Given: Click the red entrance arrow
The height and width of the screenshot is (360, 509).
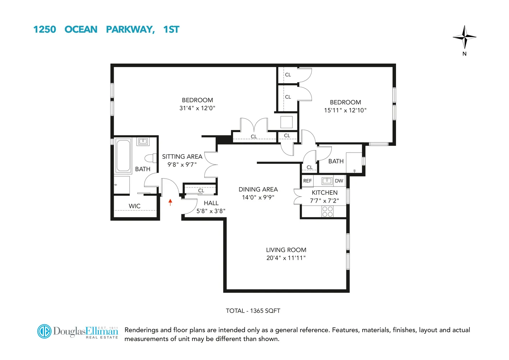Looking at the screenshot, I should [x=170, y=202].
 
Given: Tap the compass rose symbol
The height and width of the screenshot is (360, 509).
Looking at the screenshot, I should [x=464, y=37].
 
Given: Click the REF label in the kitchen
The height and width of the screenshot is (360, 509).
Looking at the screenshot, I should [x=307, y=181].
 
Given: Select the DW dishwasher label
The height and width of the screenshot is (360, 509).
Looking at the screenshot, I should [x=339, y=181].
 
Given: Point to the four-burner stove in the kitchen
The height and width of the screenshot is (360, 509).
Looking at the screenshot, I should [x=327, y=211].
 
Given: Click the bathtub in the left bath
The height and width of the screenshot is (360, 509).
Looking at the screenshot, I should [x=123, y=156].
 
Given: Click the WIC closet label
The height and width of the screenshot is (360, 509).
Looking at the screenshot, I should [x=135, y=206].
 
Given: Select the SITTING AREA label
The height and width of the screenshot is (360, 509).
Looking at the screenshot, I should [x=182, y=157].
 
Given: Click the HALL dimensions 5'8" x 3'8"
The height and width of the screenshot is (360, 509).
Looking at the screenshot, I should [x=211, y=211].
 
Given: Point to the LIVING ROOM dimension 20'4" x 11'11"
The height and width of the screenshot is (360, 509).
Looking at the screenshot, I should [x=286, y=258].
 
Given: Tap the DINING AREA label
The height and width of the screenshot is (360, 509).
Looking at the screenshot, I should [x=258, y=189].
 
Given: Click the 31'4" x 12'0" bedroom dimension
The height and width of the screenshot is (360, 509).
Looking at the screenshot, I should [x=197, y=108].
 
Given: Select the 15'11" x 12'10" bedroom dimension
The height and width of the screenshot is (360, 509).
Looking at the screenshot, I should [x=345, y=110].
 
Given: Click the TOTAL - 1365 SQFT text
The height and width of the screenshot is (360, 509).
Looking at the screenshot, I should [x=253, y=311].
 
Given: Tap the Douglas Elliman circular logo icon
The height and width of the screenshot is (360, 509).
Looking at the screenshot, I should [x=45, y=331].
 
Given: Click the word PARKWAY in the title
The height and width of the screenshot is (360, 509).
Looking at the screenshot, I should [x=130, y=30].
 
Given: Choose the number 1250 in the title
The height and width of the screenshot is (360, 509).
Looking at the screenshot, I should [x=45, y=30].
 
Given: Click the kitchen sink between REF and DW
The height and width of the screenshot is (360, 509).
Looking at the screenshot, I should [x=327, y=180].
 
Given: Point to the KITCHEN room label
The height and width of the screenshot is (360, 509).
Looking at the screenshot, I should [x=324, y=193].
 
